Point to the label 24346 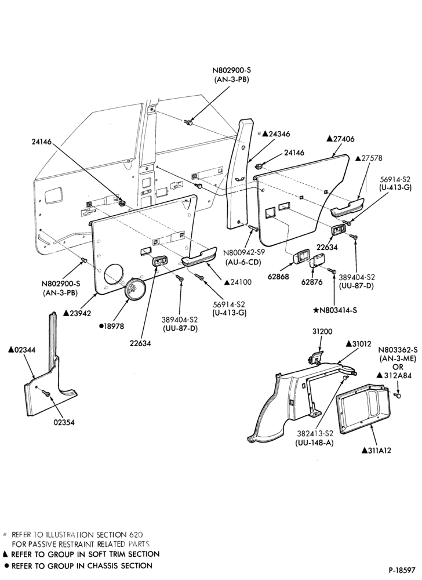[x=273, y=134]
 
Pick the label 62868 [x=279, y=276]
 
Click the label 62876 [x=312, y=282]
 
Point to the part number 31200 [x=322, y=331]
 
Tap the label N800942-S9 [x=242, y=254]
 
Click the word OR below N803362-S [x=398, y=367]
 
